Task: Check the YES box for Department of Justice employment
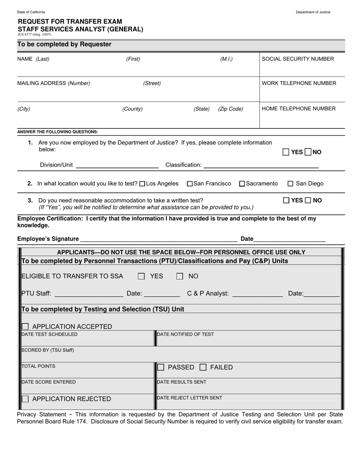click(x=286, y=152)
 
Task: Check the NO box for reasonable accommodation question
click(x=308, y=200)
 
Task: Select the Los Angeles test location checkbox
click(x=142, y=184)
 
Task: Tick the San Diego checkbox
click(x=291, y=184)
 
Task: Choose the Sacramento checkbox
click(x=242, y=184)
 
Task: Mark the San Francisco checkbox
click(x=190, y=184)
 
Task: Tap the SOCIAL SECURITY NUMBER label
click(x=298, y=59)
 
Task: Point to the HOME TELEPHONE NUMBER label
click(x=299, y=109)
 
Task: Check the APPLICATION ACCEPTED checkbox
click(x=25, y=327)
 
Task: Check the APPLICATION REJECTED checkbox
click(x=25, y=399)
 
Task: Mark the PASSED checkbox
click(x=161, y=367)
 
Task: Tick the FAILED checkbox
click(x=203, y=367)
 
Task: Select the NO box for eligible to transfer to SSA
click(x=180, y=277)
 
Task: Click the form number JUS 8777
click(x=34, y=34)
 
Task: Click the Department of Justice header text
click(x=313, y=12)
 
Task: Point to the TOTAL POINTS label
click(x=39, y=366)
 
